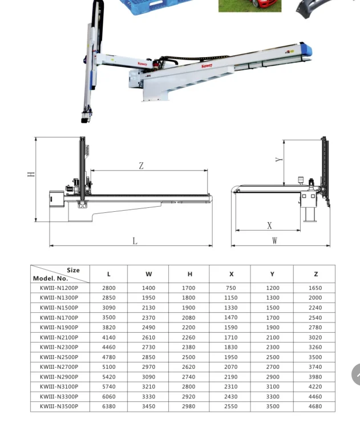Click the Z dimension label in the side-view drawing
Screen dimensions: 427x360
point(141,166)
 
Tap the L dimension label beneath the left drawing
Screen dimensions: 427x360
point(135,241)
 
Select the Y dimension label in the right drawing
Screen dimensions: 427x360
point(279,160)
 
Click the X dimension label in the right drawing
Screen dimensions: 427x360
point(269,226)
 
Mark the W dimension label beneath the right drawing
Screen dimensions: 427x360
point(274,241)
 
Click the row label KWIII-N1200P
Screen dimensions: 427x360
point(59,288)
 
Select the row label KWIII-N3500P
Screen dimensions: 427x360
point(59,406)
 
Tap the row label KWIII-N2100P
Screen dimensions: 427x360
point(59,337)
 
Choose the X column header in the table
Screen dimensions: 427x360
point(231,274)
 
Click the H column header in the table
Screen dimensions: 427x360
point(190,274)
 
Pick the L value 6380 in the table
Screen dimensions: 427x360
point(108,406)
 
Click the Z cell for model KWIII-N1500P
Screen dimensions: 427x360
point(315,308)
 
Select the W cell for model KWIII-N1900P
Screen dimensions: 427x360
point(148,328)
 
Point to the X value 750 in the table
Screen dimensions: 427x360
point(230,288)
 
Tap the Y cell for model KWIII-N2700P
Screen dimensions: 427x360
point(273,367)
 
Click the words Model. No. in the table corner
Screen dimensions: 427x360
point(50,279)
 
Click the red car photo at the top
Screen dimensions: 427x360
point(249,6)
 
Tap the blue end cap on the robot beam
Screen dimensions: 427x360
point(304,50)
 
